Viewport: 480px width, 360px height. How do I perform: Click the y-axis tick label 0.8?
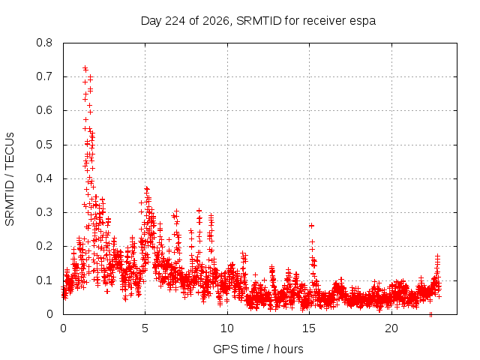pos(44,43)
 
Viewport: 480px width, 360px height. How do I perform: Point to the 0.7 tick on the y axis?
pos(44,76)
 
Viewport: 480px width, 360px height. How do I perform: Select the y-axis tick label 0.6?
pos(44,110)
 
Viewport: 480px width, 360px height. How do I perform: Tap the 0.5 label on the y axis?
pos(44,145)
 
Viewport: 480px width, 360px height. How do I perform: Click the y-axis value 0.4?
pos(44,178)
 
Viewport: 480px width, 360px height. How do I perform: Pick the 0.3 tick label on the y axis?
pos(44,212)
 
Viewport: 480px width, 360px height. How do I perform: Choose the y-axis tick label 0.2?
pos(44,246)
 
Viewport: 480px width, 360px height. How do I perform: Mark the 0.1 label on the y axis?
pos(44,280)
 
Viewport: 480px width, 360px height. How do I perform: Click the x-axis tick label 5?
pos(145,328)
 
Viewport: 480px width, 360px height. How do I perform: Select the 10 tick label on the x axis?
pos(227,328)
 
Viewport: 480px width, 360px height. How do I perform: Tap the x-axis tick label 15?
pos(309,328)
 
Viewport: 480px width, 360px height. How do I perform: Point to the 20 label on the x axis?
pos(391,328)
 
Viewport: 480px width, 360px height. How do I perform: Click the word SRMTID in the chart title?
pos(259,21)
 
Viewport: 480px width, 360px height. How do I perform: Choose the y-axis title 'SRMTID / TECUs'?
pos(10,179)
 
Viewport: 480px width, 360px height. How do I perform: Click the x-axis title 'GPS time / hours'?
pos(258,349)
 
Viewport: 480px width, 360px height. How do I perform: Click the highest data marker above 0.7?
pos(85,68)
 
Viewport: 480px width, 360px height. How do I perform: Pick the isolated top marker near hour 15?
pos(312,226)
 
